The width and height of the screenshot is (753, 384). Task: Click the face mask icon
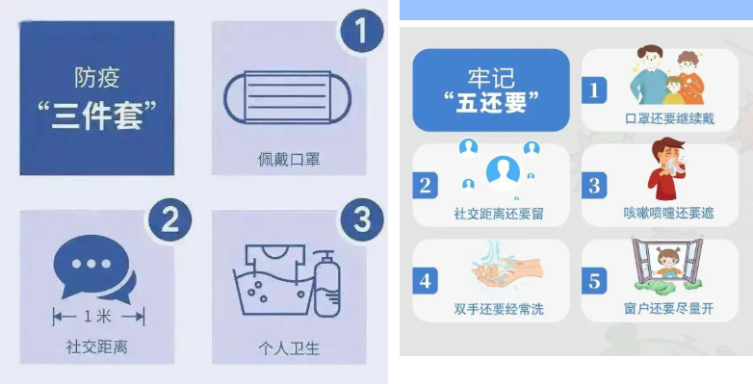point(287,98)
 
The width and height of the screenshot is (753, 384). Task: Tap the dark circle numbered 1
point(362,31)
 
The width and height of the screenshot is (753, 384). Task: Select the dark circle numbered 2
point(170,220)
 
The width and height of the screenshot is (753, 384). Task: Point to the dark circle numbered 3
point(362,220)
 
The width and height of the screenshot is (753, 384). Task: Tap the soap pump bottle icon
point(327,283)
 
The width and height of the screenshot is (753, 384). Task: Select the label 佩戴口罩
point(289,159)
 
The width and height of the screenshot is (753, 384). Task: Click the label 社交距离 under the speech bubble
point(97,346)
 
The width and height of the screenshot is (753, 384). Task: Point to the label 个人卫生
point(289,348)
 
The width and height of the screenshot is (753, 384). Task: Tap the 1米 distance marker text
point(97,317)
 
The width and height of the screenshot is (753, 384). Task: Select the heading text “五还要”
point(491,102)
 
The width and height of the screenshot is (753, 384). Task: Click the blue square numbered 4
point(425,281)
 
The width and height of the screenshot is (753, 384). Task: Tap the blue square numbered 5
point(594,281)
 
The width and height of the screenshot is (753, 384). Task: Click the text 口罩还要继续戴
point(669,118)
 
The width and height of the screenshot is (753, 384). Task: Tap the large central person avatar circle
point(503,172)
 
